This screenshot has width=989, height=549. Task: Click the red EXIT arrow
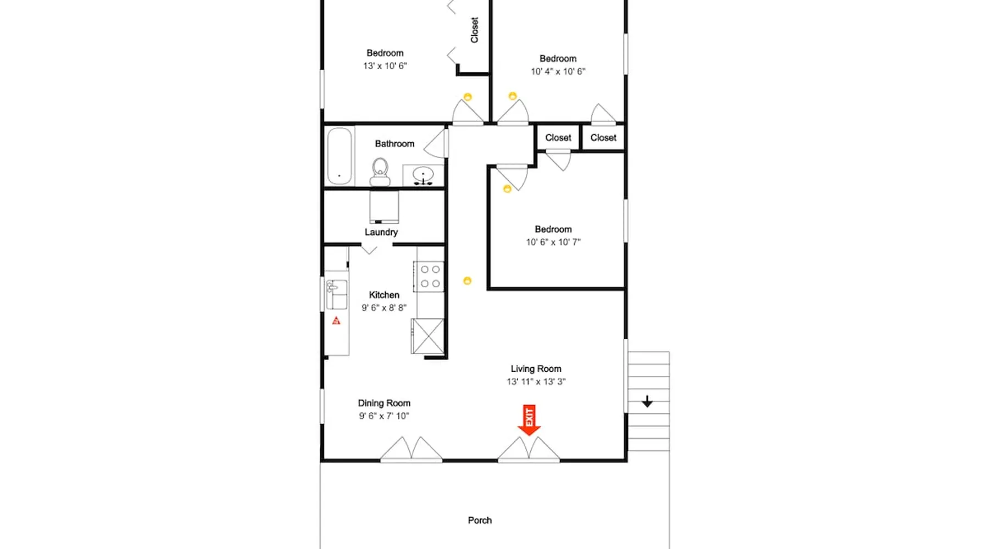(529, 421)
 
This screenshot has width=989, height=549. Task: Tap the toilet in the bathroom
(380, 172)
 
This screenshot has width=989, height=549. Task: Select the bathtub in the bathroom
(340, 156)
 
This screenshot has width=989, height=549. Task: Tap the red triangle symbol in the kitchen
(336, 321)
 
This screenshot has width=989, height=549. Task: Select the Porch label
(480, 520)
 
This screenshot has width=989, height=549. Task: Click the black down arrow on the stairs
(647, 402)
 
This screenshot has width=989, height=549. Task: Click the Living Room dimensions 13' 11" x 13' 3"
(536, 382)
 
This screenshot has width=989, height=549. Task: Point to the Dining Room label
(384, 403)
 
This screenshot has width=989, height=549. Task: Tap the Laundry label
(381, 232)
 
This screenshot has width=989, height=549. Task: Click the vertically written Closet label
(475, 30)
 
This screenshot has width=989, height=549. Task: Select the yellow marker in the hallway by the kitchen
(467, 281)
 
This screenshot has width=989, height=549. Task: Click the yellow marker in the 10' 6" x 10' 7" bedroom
(507, 189)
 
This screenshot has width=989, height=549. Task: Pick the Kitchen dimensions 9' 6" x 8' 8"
(384, 308)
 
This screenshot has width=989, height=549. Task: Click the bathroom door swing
(436, 144)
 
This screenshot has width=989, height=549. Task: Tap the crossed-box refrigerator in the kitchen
(427, 336)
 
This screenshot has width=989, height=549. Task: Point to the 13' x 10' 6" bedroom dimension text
(385, 66)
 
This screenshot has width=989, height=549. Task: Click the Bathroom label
(395, 144)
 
